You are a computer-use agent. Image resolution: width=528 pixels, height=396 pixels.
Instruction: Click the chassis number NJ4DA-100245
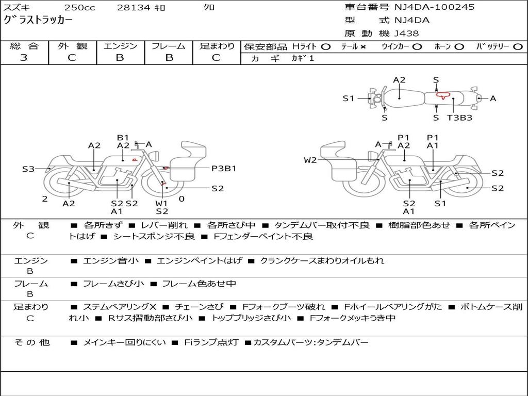point(434,7)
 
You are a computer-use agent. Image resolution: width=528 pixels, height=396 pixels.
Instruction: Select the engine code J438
point(407,34)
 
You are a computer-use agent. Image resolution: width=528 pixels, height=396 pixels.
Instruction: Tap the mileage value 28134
point(133,8)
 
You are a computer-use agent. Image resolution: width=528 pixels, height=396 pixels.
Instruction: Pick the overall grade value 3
point(24,58)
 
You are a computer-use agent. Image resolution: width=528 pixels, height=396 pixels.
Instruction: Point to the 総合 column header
point(24,46)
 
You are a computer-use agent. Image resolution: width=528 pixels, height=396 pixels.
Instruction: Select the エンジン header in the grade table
point(120,46)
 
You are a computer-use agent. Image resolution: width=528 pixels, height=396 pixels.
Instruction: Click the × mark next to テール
point(363,47)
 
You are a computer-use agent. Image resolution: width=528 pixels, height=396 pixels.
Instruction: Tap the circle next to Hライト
point(325,47)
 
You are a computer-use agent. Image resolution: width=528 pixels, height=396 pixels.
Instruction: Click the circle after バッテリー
point(518,47)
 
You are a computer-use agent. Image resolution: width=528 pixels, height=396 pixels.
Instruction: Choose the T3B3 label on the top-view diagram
point(459,118)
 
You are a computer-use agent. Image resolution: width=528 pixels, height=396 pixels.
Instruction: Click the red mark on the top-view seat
point(441,95)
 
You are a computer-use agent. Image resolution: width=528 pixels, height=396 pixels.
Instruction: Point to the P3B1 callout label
point(224,168)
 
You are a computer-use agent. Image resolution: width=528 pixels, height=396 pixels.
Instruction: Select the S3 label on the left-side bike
point(28,169)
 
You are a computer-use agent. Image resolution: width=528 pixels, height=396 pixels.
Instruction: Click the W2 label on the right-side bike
point(310,160)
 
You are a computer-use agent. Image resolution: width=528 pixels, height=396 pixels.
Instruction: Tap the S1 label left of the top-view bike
point(349,98)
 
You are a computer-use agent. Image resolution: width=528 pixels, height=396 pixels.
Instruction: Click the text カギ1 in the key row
point(303,58)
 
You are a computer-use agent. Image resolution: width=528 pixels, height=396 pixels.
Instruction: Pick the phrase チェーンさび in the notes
point(199,307)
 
